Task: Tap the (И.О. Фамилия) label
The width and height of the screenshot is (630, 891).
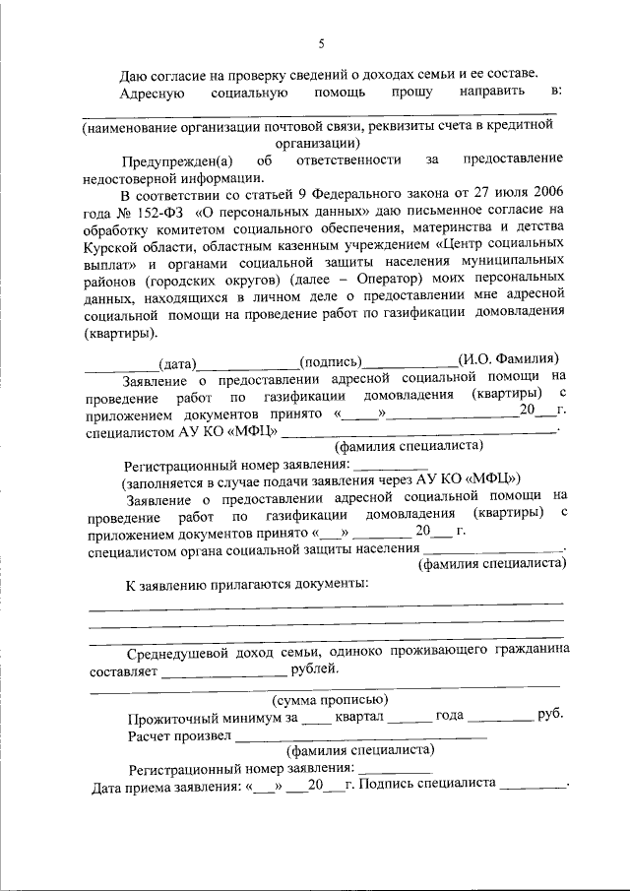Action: (x=508, y=359)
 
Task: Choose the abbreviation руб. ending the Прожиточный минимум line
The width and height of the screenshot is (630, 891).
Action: (x=549, y=716)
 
